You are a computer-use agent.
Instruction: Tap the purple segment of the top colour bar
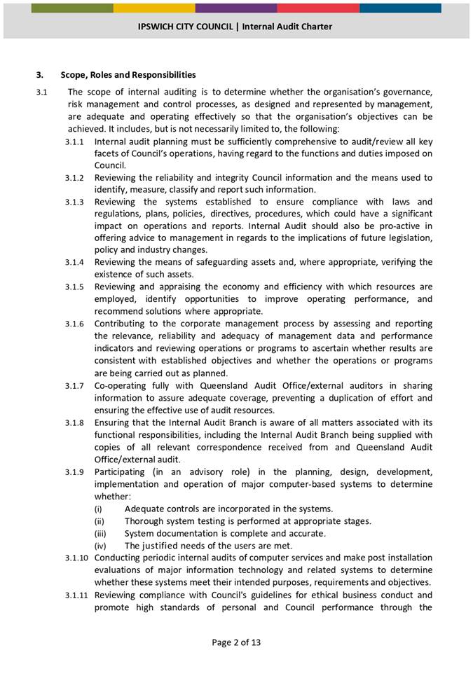[x=235, y=8]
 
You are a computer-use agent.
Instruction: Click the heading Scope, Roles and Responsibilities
[x=128, y=75]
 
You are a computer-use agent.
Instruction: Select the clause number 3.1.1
[x=75, y=142]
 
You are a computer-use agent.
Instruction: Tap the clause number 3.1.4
[x=75, y=263]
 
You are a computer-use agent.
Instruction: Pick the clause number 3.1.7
[x=75, y=386]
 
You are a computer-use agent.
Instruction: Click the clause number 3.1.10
[x=77, y=558]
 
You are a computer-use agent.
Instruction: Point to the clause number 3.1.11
[x=77, y=595]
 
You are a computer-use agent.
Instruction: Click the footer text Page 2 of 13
[x=236, y=642]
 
